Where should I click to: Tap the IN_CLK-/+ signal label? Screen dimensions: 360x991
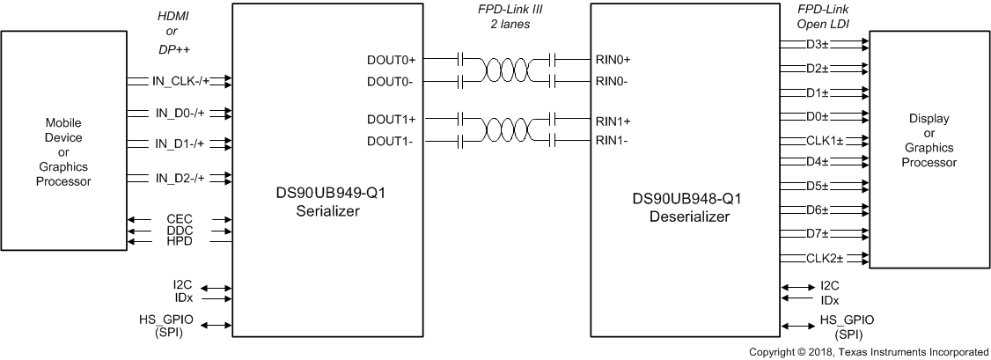[180, 81]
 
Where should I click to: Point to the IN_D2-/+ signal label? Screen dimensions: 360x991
[180, 178]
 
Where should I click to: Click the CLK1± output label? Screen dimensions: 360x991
[825, 140]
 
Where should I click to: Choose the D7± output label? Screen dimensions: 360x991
[818, 233]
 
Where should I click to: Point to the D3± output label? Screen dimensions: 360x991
[818, 45]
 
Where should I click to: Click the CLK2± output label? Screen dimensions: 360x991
[825, 258]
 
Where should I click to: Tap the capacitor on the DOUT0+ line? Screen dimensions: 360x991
[460, 60]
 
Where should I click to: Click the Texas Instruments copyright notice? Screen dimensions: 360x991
[869, 351]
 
